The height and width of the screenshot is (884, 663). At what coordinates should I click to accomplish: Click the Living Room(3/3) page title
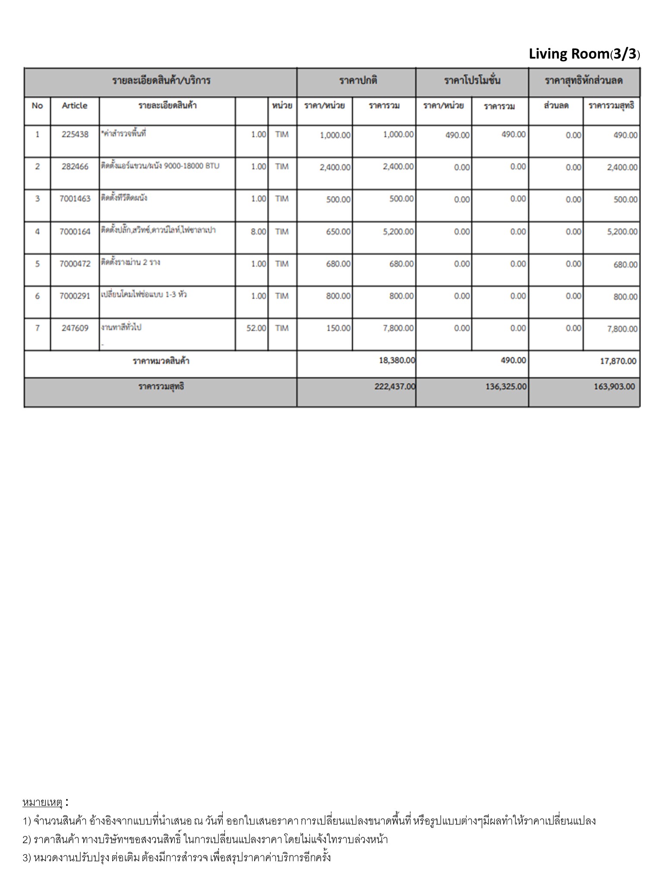point(584,54)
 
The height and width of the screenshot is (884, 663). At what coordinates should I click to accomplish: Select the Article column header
point(75,106)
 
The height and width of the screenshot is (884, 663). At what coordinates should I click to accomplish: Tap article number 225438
point(75,134)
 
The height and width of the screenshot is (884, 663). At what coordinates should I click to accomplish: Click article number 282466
point(75,167)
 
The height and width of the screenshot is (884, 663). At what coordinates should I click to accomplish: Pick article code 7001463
point(75,199)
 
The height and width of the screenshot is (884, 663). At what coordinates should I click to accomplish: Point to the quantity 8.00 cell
point(258,232)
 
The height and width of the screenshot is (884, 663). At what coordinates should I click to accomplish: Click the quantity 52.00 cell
point(256,328)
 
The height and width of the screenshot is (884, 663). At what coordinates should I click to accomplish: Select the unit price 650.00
point(338,232)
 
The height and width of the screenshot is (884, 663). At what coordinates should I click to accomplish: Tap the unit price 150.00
point(338,328)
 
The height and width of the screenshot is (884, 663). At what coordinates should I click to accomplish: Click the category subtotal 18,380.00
point(397,360)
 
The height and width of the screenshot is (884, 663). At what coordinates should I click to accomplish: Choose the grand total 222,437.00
point(395,386)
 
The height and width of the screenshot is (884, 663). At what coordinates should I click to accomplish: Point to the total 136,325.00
point(506,386)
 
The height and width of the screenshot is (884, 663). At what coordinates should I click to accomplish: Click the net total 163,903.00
point(614,386)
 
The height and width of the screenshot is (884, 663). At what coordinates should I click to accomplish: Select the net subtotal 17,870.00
point(618,361)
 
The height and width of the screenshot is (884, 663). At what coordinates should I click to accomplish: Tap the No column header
point(37,106)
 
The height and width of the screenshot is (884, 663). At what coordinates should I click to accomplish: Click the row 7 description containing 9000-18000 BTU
point(160,166)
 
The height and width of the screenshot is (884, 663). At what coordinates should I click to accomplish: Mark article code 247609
point(75,328)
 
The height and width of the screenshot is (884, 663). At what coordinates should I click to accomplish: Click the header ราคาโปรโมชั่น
point(472,81)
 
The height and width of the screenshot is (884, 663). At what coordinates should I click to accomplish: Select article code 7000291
point(75,296)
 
